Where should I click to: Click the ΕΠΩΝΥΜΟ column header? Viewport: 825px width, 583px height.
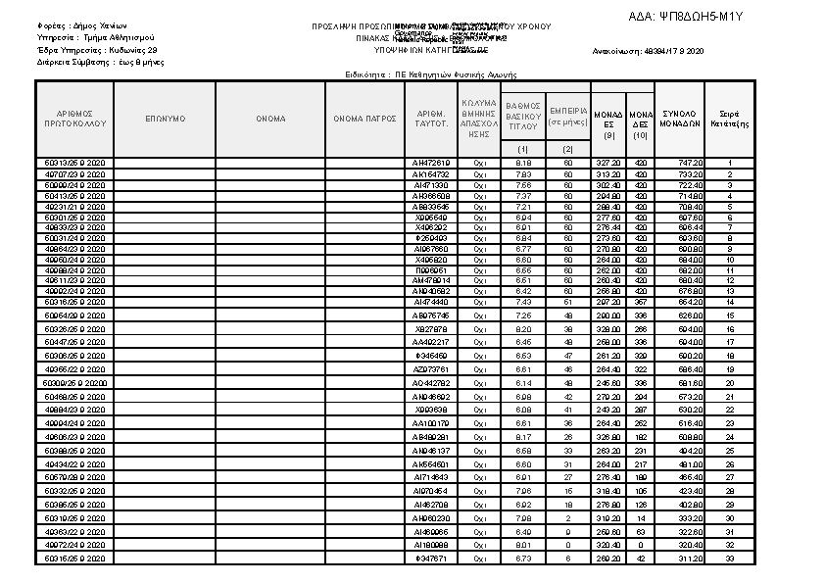click(165, 119)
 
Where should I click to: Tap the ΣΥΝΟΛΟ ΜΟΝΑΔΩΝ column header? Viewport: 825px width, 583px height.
click(679, 119)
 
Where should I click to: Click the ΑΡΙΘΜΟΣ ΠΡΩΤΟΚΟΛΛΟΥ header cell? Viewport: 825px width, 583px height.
click(75, 119)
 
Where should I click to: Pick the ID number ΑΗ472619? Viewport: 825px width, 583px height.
click(432, 163)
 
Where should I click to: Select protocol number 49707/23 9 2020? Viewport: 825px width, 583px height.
click(75, 173)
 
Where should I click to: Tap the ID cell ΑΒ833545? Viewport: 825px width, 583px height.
click(432, 207)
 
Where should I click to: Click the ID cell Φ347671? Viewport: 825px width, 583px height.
click(432, 558)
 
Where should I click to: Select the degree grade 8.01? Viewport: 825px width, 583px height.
click(523, 544)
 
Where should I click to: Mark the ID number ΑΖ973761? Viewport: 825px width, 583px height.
click(432, 368)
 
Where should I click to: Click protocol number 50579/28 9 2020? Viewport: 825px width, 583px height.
click(75, 477)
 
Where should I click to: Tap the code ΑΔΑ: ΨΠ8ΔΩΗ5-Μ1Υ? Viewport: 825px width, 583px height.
click(686, 17)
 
